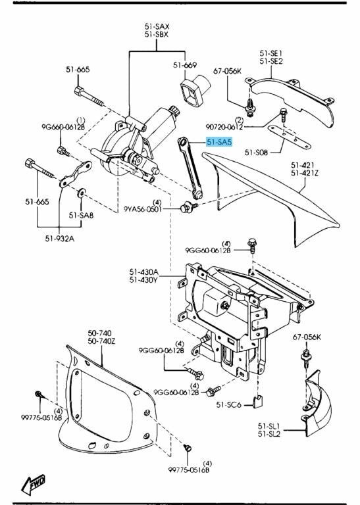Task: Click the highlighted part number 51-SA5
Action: [x=219, y=141]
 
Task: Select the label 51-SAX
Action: [x=157, y=26]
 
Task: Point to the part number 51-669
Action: [x=185, y=64]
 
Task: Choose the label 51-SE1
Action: [x=270, y=53]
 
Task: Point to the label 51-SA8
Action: [x=82, y=215]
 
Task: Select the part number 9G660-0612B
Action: [x=63, y=128]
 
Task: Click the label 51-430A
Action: [x=143, y=272]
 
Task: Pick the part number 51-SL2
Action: [x=270, y=435]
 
